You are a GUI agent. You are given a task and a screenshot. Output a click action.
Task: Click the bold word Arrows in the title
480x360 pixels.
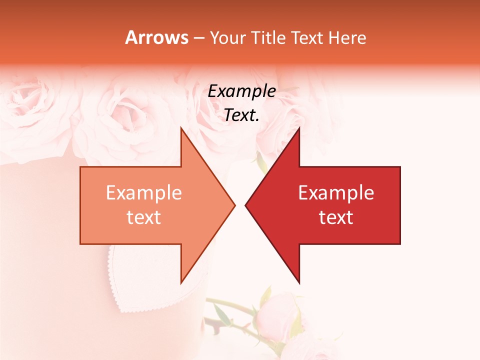click(x=156, y=37)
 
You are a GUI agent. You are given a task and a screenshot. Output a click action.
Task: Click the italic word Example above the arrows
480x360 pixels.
click(x=241, y=91)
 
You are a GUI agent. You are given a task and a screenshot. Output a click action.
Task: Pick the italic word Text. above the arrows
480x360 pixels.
click(x=241, y=115)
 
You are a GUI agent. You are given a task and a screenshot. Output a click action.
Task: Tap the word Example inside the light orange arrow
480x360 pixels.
click(x=144, y=193)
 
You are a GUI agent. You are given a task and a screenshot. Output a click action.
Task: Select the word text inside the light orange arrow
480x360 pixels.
click(x=144, y=217)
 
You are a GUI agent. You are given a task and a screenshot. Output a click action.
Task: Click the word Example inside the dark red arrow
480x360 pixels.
click(x=336, y=193)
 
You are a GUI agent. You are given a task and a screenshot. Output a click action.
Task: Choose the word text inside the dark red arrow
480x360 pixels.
click(x=336, y=217)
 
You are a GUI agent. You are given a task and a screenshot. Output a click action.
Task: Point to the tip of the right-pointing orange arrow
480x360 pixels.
click(x=234, y=205)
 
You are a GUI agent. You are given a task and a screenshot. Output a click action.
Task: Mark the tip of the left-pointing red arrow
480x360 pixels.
click(x=245, y=205)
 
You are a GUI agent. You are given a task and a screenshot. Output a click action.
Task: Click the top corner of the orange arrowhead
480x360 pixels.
click(x=181, y=128)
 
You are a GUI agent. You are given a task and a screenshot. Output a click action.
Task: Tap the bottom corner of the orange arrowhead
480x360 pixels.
click(x=181, y=282)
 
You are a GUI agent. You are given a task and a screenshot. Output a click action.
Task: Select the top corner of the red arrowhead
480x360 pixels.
click(x=299, y=128)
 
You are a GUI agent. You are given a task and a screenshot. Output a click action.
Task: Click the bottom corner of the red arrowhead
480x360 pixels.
click(x=299, y=282)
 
